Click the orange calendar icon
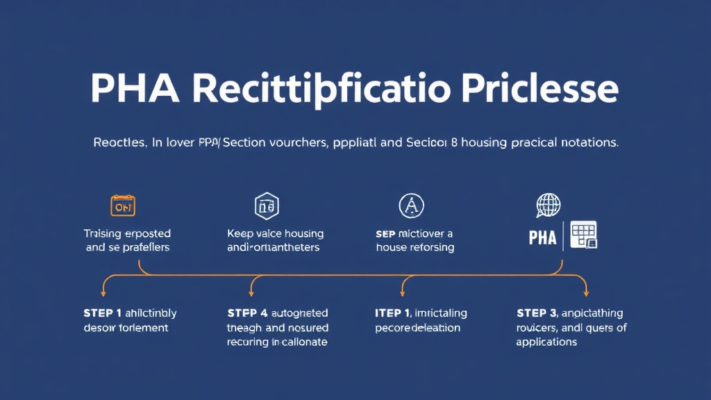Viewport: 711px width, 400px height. [123, 206]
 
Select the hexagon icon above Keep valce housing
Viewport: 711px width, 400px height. [267, 206]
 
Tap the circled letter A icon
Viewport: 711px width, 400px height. [410, 205]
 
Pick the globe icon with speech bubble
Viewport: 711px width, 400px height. [549, 206]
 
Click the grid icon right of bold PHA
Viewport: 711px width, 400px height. [583, 235]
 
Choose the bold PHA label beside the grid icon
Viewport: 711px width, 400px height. [542, 237]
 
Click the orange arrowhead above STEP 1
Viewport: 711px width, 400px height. [105, 290]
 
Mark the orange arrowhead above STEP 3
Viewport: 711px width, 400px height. [585, 290]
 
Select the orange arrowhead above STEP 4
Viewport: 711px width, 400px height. [251, 290]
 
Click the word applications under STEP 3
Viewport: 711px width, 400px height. [546, 342]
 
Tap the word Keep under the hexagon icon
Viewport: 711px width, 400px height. [240, 234]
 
